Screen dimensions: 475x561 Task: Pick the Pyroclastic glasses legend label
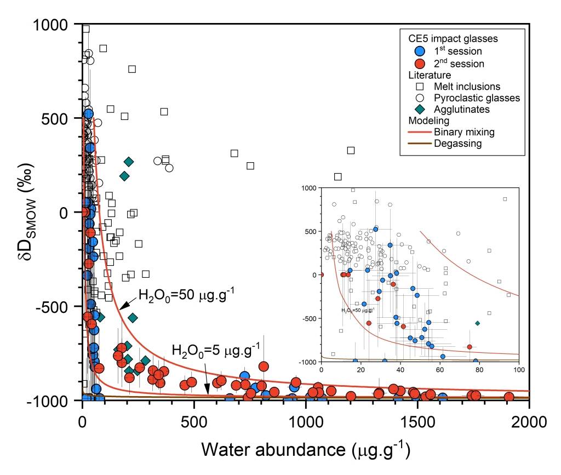pyautogui.click(x=477, y=98)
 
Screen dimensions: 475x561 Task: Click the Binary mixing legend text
pyautogui.click(x=463, y=132)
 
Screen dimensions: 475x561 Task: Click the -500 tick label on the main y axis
pyautogui.click(x=59, y=307)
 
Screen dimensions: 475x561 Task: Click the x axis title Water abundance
pyautogui.click(x=305, y=450)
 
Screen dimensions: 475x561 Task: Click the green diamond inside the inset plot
pyautogui.click(x=478, y=323)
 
